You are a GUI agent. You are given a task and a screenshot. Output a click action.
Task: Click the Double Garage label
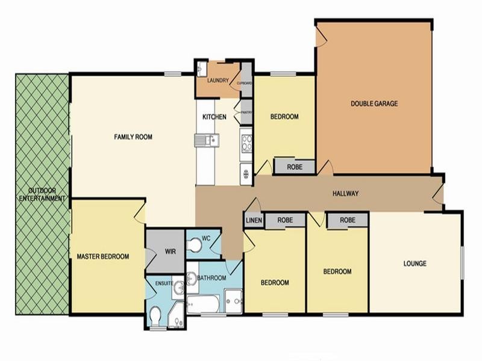(x=374, y=103)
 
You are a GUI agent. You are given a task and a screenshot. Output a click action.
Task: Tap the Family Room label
(x=133, y=137)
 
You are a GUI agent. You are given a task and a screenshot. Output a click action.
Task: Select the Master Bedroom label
(x=102, y=257)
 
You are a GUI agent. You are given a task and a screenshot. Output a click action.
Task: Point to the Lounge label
(x=415, y=264)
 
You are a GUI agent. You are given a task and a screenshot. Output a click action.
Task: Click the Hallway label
(x=346, y=194)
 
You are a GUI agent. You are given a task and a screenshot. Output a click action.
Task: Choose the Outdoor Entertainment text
(x=42, y=194)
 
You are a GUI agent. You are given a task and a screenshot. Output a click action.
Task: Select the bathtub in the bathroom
(x=204, y=304)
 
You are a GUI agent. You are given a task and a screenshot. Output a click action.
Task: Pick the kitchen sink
(x=207, y=141)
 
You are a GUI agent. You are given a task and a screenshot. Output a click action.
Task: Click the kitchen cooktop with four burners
(x=246, y=143)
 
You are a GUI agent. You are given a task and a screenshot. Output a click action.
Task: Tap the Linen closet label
(x=253, y=221)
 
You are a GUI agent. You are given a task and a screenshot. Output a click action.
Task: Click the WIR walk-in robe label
(x=170, y=251)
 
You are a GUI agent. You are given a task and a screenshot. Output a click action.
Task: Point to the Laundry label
(x=216, y=81)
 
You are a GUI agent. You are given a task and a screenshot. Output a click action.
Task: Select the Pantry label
(x=246, y=113)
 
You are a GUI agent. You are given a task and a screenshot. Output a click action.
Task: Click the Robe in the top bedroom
(x=294, y=167)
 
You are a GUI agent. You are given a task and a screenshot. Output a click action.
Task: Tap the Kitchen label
(x=214, y=117)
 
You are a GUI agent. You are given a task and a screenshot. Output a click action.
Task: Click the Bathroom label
(x=211, y=278)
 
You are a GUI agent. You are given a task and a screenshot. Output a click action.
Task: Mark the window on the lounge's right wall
(x=463, y=262)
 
